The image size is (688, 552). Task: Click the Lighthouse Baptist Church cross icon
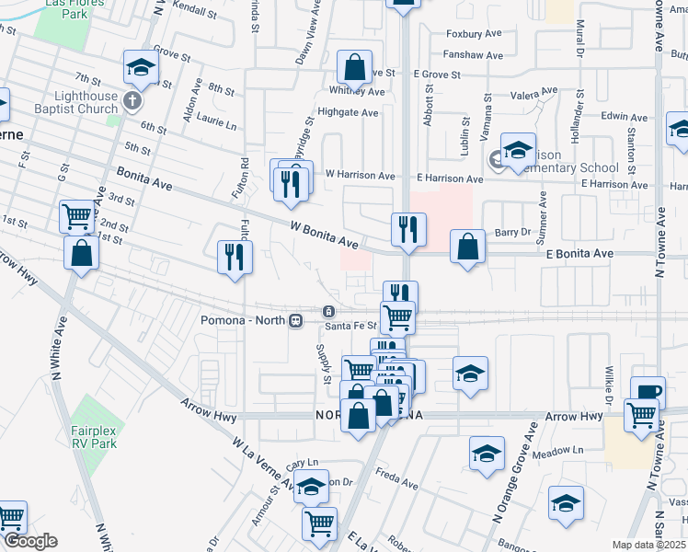pyautogui.click(x=132, y=98)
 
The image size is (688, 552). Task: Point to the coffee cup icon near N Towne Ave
pyautogui.click(x=648, y=390)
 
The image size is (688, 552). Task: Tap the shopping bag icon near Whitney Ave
pyautogui.click(x=354, y=66)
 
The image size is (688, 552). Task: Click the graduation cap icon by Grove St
pyautogui.click(x=141, y=66)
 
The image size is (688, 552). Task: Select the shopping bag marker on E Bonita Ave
pyautogui.click(x=468, y=246)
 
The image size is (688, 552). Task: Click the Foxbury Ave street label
pyautogui.click(x=474, y=34)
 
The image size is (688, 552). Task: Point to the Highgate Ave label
pyautogui.click(x=348, y=113)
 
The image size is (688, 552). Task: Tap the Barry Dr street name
pyautogui.click(x=514, y=234)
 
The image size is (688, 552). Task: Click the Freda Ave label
pyautogui.click(x=398, y=477)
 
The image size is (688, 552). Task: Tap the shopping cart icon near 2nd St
pyautogui.click(x=77, y=216)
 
